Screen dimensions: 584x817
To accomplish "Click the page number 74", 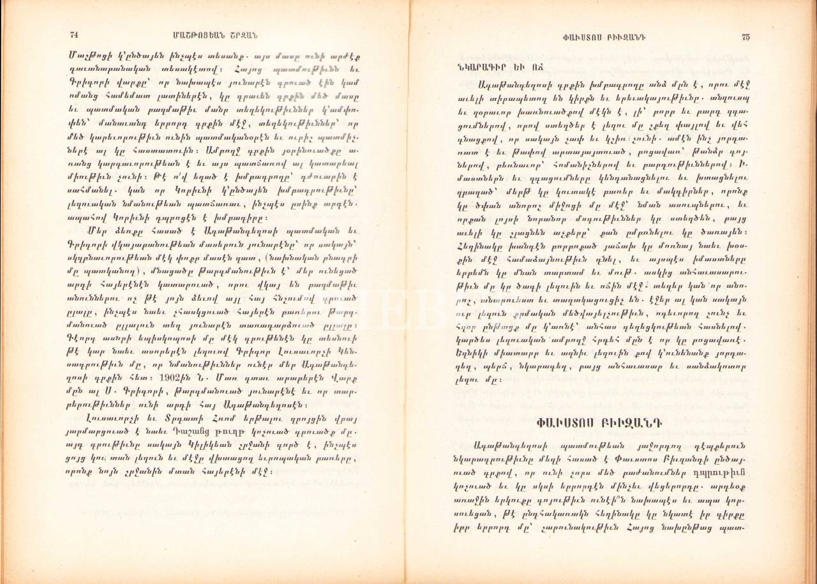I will click(x=73, y=34).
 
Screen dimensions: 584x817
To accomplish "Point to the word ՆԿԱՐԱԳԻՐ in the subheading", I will click(x=470, y=67).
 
